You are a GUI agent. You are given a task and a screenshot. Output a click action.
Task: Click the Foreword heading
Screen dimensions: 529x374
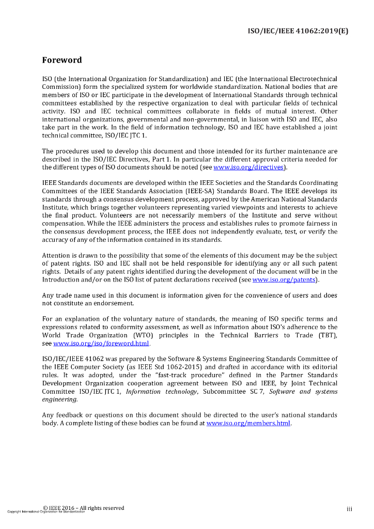(x=62, y=60)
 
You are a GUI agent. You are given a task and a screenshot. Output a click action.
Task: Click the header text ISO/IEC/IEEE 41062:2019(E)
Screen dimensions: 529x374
(x=298, y=30)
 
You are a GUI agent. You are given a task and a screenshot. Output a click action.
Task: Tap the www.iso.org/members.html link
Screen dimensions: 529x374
(x=248, y=423)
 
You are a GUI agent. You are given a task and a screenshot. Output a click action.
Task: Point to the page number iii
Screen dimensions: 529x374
(x=349, y=509)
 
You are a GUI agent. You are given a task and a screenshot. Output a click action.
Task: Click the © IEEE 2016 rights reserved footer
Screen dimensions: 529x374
(x=83, y=508)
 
